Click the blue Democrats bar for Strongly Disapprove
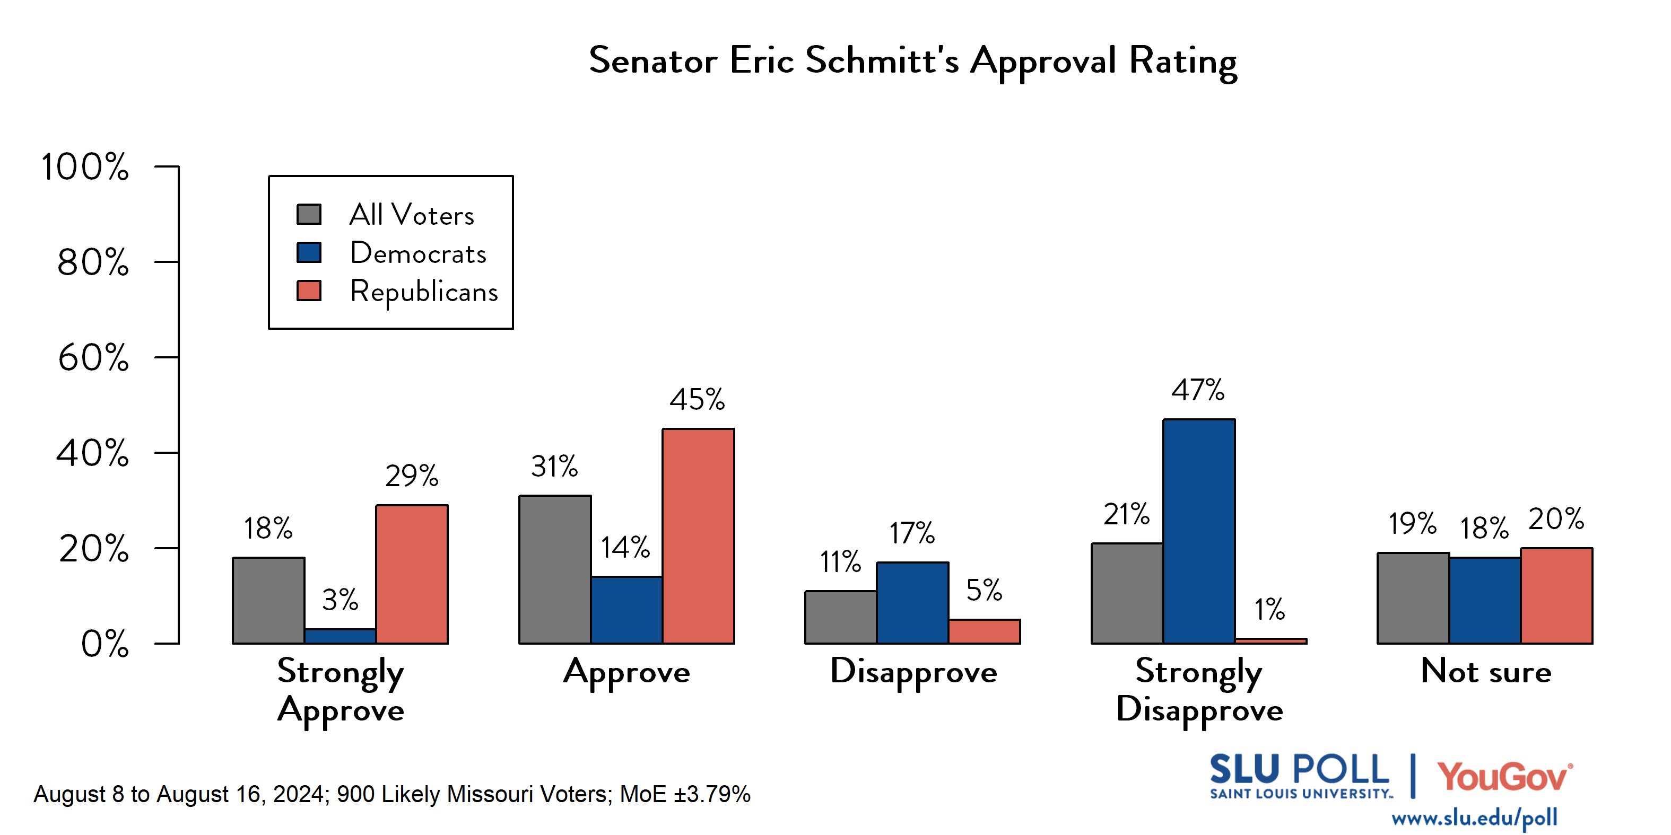[x=1198, y=532]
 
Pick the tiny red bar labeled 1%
[x=1270, y=640]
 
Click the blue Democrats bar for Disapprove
[x=912, y=603]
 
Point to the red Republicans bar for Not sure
[x=1556, y=596]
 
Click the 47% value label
[x=1197, y=391]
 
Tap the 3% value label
[x=340, y=600]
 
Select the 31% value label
[x=554, y=467]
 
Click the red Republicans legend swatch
[x=309, y=291]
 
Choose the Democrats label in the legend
[x=418, y=253]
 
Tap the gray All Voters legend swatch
[x=309, y=214]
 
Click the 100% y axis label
[x=85, y=166]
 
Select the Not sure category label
[x=1485, y=671]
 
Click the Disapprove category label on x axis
[x=913, y=672]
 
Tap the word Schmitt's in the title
[x=882, y=61]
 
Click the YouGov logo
[x=1504, y=777]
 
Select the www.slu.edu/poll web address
[x=1474, y=818]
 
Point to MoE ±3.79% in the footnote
[x=685, y=794]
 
